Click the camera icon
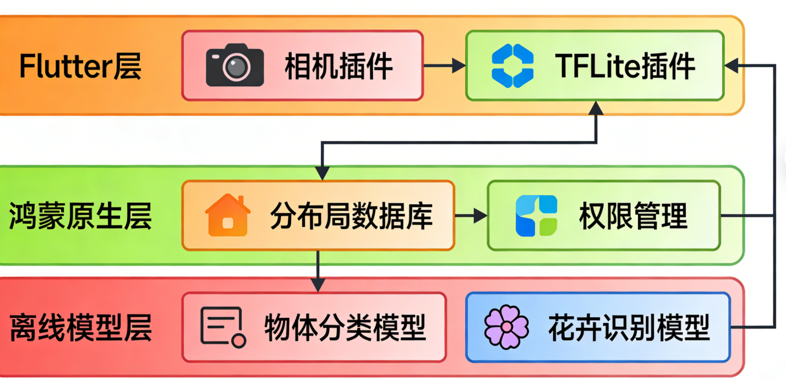pyautogui.click(x=234, y=65)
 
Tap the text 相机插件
pyautogui.click(x=338, y=66)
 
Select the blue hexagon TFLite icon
pyautogui.click(x=512, y=66)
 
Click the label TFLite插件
pyautogui.click(x=625, y=66)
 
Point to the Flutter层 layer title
pyautogui.click(x=80, y=66)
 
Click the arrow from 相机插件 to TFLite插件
pyautogui.click(x=445, y=66)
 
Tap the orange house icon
pyautogui.click(x=227, y=215)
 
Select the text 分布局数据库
pyautogui.click(x=351, y=215)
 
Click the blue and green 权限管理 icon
pyautogui.click(x=536, y=215)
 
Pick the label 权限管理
pyautogui.click(x=633, y=215)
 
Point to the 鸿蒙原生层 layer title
pyautogui.click(x=80, y=215)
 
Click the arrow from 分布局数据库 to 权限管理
pyautogui.click(x=471, y=215)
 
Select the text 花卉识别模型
pyautogui.click(x=629, y=327)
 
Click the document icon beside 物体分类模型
pyautogui.click(x=222, y=327)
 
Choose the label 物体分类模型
pyautogui.click(x=345, y=327)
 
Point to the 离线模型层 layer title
pyautogui.click(x=80, y=327)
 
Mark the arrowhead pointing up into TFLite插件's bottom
pyautogui.click(x=596, y=109)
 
